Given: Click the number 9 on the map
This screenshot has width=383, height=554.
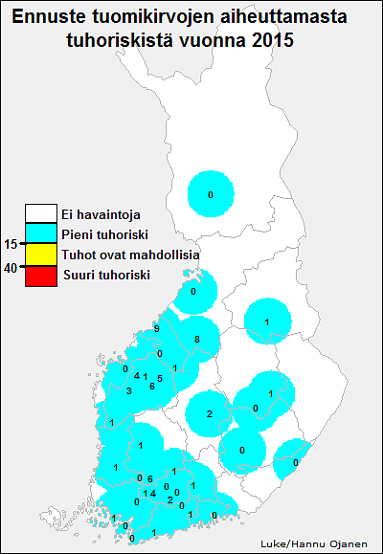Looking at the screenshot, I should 156,329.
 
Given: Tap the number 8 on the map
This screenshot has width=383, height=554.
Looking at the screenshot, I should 196,340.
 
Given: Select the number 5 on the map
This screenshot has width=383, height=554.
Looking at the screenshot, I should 160,379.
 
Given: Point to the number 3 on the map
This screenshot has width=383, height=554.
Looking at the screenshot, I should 128,390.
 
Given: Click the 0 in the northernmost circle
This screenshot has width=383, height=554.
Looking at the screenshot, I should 211,195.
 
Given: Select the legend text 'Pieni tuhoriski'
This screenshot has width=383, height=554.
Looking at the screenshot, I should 99,234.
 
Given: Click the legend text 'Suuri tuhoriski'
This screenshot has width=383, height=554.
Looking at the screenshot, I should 105,276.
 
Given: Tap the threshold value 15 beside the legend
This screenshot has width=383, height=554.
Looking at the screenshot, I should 11,243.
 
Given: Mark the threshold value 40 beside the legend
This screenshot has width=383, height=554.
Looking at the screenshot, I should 11,269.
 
